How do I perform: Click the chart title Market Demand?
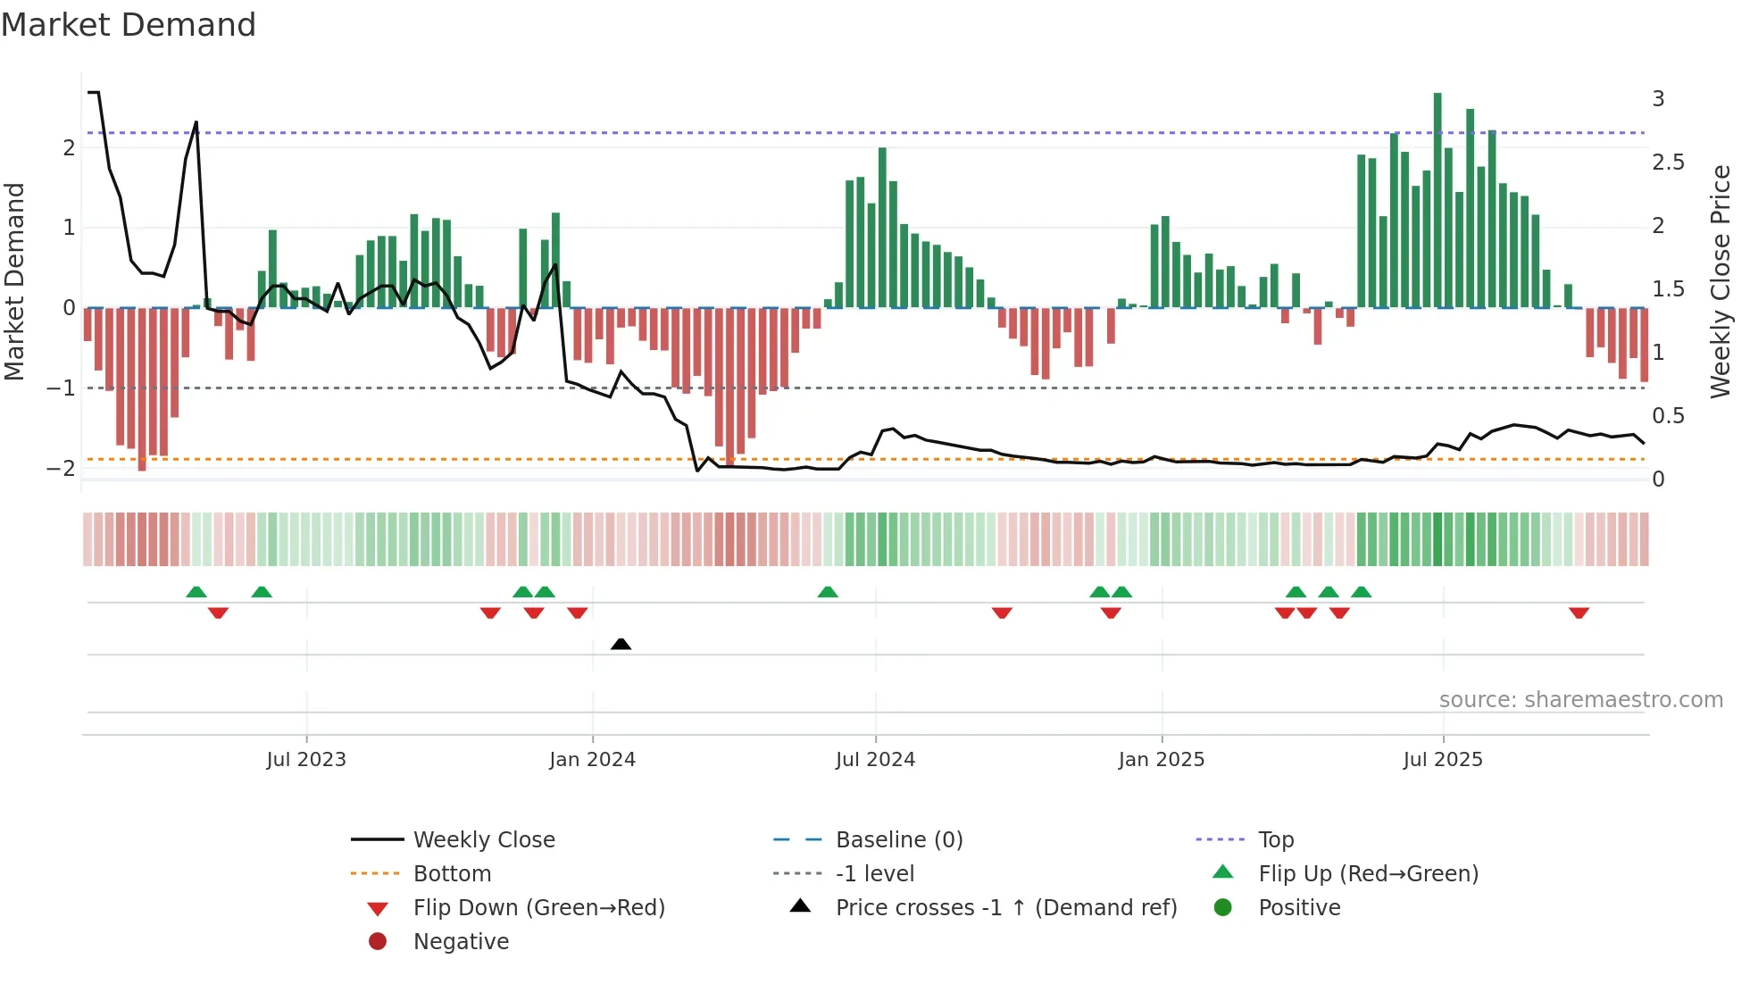click(x=129, y=25)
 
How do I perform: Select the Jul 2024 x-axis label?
click(x=875, y=760)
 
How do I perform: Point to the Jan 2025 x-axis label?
click(x=1161, y=760)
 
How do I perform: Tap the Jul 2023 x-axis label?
click(x=306, y=760)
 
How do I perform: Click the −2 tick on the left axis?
click(x=62, y=468)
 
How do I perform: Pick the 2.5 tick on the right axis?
click(x=1668, y=163)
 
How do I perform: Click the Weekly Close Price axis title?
click(x=1720, y=281)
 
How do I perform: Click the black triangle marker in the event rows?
click(x=621, y=644)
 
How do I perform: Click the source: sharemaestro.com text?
click(x=1580, y=700)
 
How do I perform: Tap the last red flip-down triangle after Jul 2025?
click(x=1579, y=613)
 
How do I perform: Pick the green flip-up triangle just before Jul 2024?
click(x=828, y=592)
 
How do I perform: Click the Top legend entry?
click(x=1275, y=840)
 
